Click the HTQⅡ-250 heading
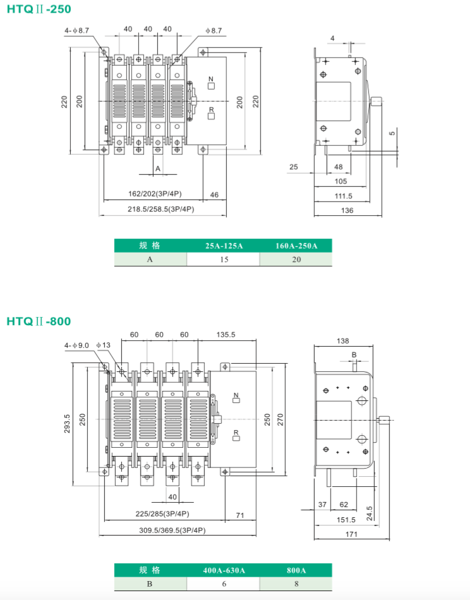point(39,9)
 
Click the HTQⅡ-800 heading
point(39,321)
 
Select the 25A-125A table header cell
point(224,246)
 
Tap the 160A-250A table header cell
point(296,246)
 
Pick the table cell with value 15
point(224,259)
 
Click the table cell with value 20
point(296,259)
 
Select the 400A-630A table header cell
point(224,570)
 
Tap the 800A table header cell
point(296,570)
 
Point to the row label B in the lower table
point(150,584)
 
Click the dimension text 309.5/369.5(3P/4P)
point(172,530)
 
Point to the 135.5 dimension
point(226,334)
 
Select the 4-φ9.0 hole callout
point(77,345)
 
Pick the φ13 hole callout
point(104,345)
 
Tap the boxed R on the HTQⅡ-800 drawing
point(236,433)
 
